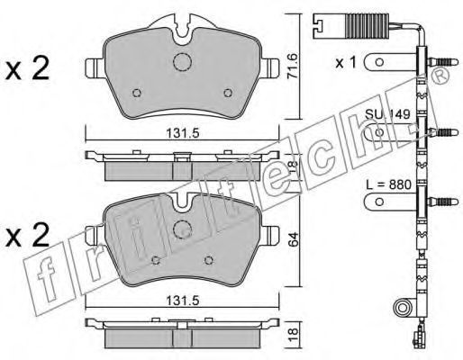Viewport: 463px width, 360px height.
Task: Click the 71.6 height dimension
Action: [x=292, y=66]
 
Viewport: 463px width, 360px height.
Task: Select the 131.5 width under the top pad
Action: [x=183, y=133]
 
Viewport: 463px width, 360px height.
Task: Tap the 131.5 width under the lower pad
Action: [x=183, y=301]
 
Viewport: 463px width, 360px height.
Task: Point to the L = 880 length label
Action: [x=388, y=184]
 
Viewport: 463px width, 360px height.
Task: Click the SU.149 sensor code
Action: [x=387, y=114]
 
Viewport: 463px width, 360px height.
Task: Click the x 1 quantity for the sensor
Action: [x=346, y=63]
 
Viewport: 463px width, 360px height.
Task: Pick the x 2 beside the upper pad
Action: [x=27, y=68]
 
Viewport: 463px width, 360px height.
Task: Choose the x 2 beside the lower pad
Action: [x=27, y=235]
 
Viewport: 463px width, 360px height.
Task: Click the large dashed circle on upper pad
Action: [x=182, y=62]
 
